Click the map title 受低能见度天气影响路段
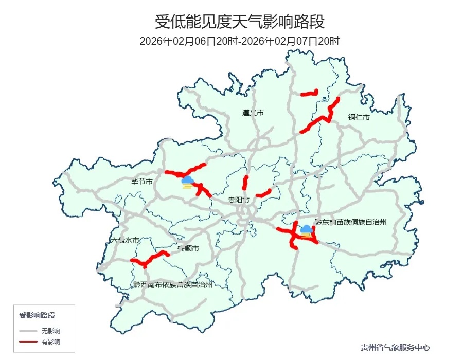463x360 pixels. click(x=240, y=22)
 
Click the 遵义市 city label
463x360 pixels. click(x=253, y=113)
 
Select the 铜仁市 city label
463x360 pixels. click(x=359, y=118)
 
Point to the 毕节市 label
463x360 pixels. click(x=142, y=182)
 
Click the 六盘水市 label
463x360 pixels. click(x=125, y=240)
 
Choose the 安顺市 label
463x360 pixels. click(x=188, y=248)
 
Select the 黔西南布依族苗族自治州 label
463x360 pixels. click(x=172, y=284)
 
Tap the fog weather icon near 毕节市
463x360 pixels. click(x=187, y=181)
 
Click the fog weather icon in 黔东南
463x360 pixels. click(x=306, y=231)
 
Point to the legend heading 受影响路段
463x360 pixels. click(x=37, y=315)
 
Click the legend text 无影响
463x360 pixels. click(x=51, y=331)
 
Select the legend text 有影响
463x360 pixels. click(x=51, y=341)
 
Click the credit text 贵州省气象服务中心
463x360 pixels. click(x=395, y=348)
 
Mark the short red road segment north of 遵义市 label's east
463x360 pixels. click(x=309, y=93)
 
